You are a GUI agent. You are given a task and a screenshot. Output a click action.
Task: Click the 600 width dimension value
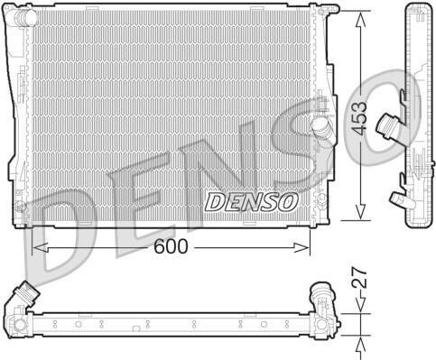(171, 246)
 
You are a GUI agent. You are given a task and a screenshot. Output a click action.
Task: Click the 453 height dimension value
(360, 118)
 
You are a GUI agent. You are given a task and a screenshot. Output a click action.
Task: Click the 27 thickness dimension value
(360, 278)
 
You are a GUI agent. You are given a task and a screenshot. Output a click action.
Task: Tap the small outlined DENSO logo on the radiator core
(251, 202)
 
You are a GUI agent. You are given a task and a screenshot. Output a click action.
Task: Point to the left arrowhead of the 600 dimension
(40, 247)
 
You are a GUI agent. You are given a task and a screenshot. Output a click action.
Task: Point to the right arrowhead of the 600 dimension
(301, 247)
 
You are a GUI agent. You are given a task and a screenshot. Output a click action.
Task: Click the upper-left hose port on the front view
(25, 15)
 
